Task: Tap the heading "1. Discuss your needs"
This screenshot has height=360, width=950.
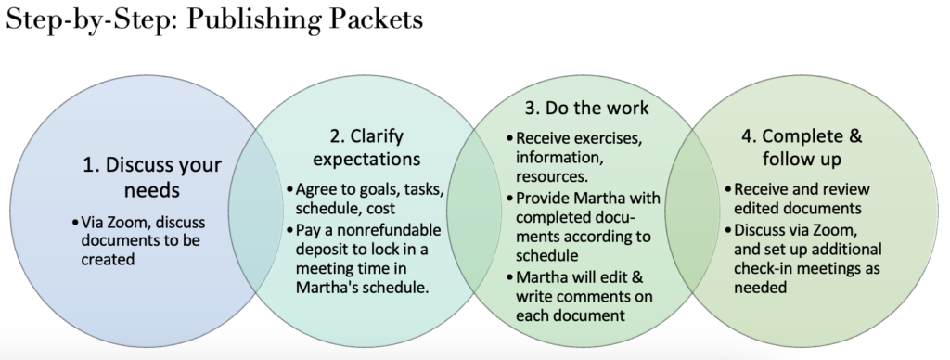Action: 151,179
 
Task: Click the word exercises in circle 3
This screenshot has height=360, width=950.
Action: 603,138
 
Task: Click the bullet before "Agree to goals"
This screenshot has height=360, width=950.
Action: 289,191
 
